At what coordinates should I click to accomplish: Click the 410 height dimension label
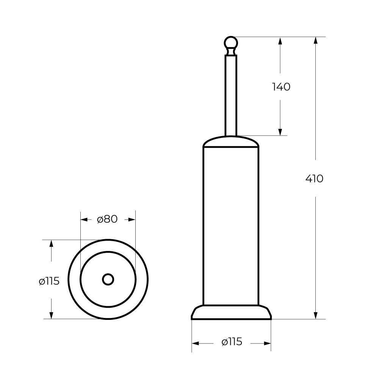click(314, 179)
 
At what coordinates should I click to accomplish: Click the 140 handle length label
click(281, 87)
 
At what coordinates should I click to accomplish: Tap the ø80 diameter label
click(107, 219)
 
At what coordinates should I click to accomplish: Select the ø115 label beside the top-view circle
click(49, 281)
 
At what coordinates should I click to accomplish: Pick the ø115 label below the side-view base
click(232, 342)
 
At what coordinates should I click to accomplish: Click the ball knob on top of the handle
click(231, 43)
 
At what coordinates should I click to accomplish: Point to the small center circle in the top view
click(108, 279)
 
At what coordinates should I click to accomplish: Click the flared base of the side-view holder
click(231, 312)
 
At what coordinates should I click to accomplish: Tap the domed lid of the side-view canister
click(231, 141)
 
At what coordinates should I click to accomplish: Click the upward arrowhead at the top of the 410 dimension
click(315, 41)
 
